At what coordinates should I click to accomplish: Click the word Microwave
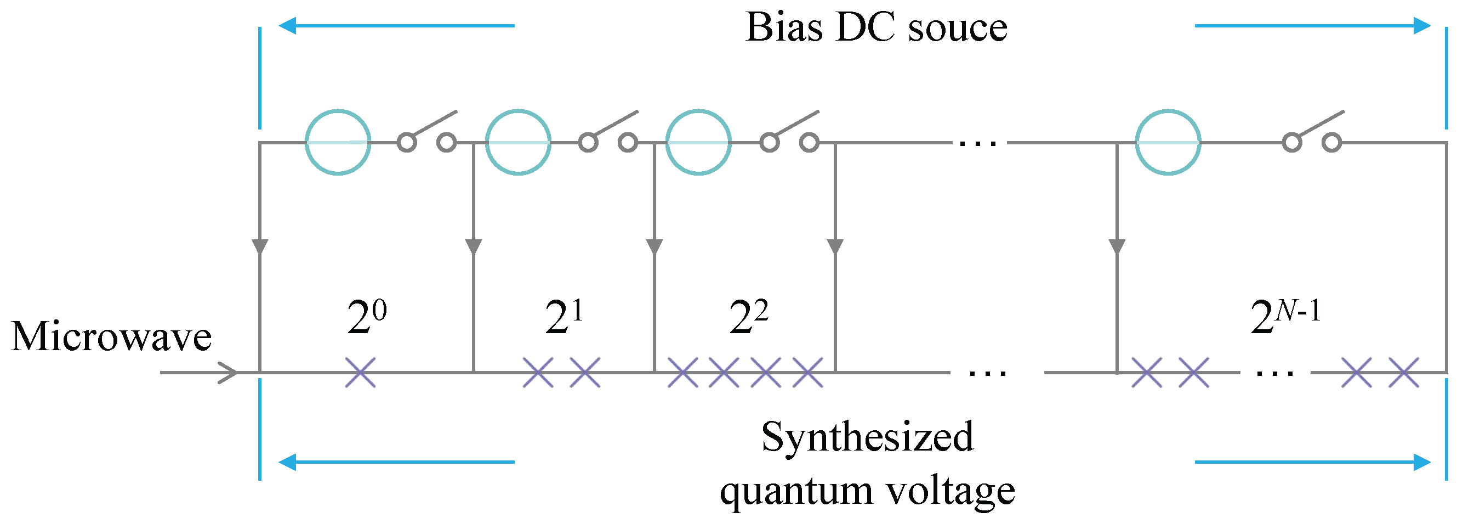click(111, 336)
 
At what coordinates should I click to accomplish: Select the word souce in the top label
click(958, 29)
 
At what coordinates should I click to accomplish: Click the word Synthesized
click(868, 437)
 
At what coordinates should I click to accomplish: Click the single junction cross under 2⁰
click(360, 373)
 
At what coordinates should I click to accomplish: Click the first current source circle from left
click(338, 142)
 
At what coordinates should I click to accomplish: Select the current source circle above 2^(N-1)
click(1168, 142)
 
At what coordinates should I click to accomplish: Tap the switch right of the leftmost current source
click(427, 133)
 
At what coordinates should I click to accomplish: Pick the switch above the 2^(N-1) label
click(1312, 133)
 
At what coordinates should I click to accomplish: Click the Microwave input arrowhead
click(229, 373)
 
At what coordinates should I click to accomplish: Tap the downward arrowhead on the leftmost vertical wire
click(260, 247)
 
